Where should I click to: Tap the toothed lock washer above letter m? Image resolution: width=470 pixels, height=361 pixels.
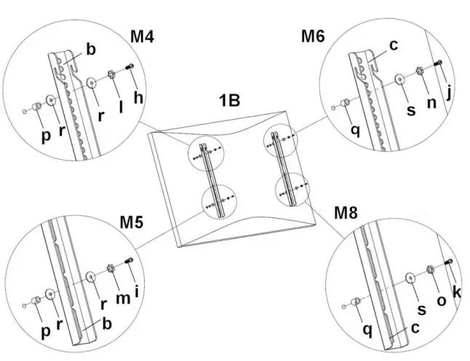click(x=113, y=269)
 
